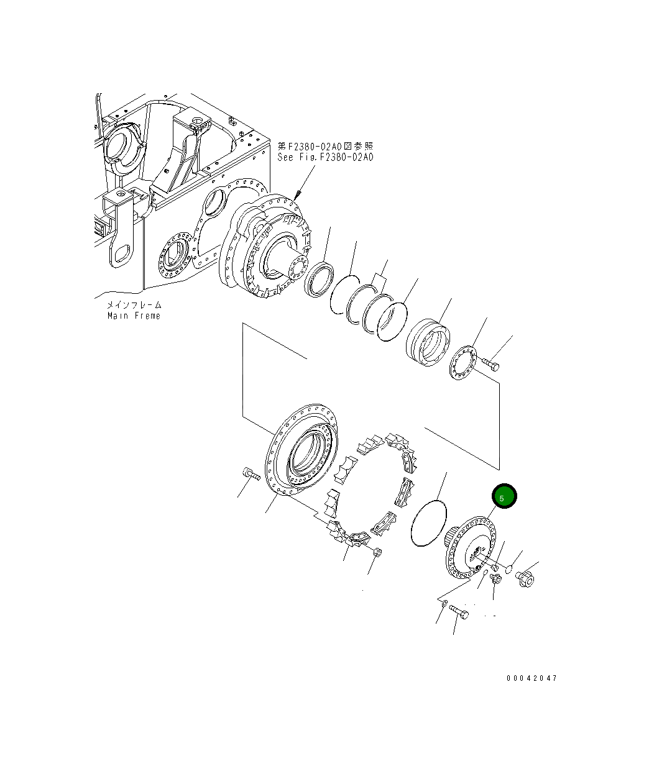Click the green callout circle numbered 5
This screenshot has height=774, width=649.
[x=504, y=496]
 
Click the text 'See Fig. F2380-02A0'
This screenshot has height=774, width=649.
[x=325, y=157]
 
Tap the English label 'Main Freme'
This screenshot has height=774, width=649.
[x=134, y=316]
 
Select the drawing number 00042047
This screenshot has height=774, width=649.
[x=532, y=678]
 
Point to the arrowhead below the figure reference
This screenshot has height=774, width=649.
[x=298, y=195]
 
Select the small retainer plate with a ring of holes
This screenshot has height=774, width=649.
[x=464, y=363]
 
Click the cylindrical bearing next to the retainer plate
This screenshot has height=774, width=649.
[x=428, y=342]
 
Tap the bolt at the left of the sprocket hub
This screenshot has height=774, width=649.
[x=251, y=473]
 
